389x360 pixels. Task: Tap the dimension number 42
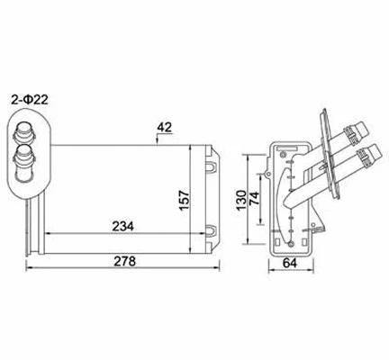pyautogui.click(x=163, y=128)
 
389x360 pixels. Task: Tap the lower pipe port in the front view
pyautogui.click(x=26, y=163)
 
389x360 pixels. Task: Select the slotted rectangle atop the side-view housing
pyautogui.click(x=289, y=148)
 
